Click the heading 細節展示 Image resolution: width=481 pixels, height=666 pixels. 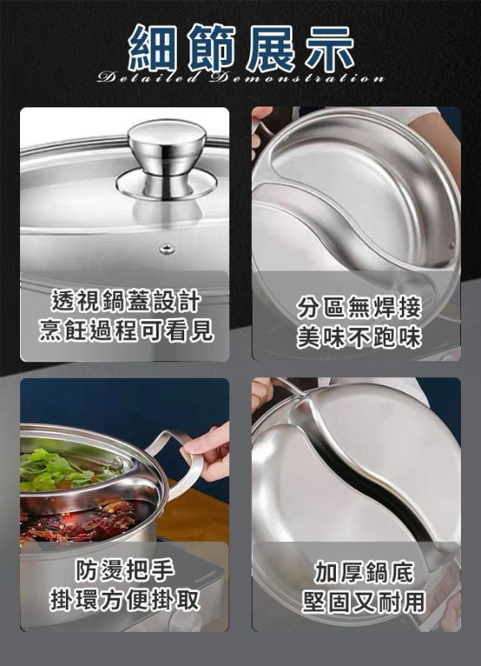241,47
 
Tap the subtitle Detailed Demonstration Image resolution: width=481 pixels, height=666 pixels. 241,78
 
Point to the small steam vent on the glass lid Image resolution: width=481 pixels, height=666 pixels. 166,248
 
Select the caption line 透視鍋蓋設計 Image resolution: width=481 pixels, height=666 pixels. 125,301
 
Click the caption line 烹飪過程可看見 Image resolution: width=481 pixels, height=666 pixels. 125,331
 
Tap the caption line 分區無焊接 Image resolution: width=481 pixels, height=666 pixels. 359,308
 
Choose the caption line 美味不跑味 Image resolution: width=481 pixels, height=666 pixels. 359,338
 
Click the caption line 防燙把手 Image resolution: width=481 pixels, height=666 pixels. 124,570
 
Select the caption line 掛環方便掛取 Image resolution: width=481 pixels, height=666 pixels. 124,599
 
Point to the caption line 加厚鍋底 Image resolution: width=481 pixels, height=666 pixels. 363,573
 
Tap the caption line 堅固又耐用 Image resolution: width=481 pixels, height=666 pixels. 363,602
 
